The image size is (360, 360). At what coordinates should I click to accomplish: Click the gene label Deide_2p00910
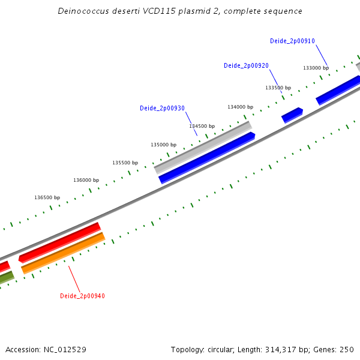click(x=292, y=41)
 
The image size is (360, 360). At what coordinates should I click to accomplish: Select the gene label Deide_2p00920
click(x=246, y=65)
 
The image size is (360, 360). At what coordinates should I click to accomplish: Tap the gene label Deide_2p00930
click(x=162, y=109)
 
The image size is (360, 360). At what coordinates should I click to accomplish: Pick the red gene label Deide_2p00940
click(x=82, y=296)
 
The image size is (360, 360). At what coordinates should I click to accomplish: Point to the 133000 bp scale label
click(x=316, y=68)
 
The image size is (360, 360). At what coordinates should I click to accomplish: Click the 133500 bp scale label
click(x=278, y=88)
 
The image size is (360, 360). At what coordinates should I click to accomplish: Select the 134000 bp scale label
click(x=240, y=107)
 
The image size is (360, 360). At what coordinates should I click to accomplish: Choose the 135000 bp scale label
click(x=163, y=145)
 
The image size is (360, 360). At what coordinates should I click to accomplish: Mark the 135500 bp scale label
click(x=125, y=163)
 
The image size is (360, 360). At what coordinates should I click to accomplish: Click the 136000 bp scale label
click(x=86, y=180)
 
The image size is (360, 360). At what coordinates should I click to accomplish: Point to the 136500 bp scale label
click(x=47, y=197)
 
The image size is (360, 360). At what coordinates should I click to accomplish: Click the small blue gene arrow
click(x=292, y=115)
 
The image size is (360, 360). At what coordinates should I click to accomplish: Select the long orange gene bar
click(x=63, y=253)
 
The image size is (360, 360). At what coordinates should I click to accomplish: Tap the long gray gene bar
click(x=203, y=147)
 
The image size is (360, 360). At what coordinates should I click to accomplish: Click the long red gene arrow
click(x=59, y=243)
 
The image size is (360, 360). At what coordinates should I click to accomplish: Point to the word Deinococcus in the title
click(x=83, y=11)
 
